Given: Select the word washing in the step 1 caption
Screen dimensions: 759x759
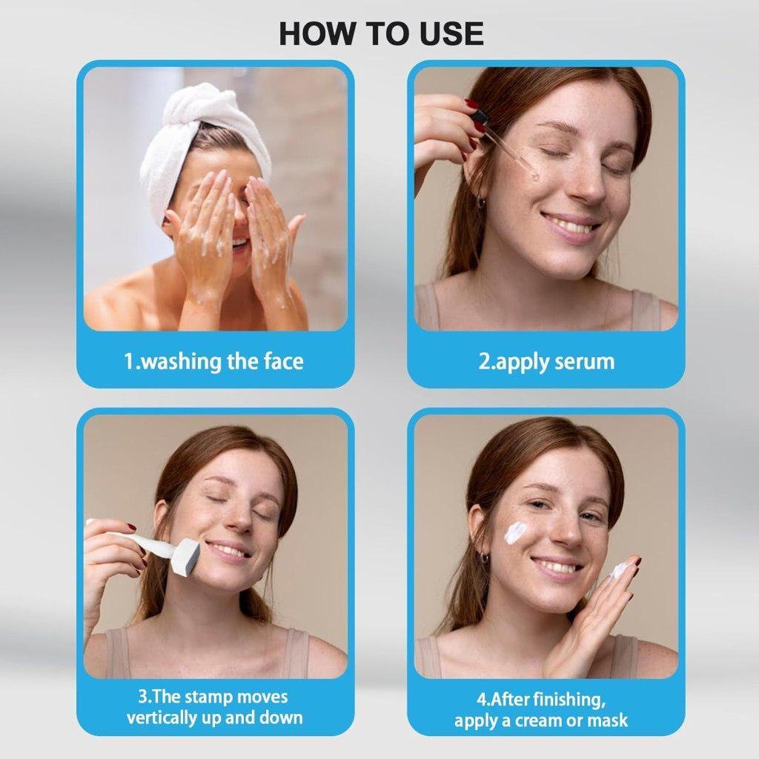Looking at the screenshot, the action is pos(181,362).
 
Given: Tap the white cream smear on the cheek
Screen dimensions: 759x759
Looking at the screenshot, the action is pos(516,531).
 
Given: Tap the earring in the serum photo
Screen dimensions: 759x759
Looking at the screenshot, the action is pos(480,200).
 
